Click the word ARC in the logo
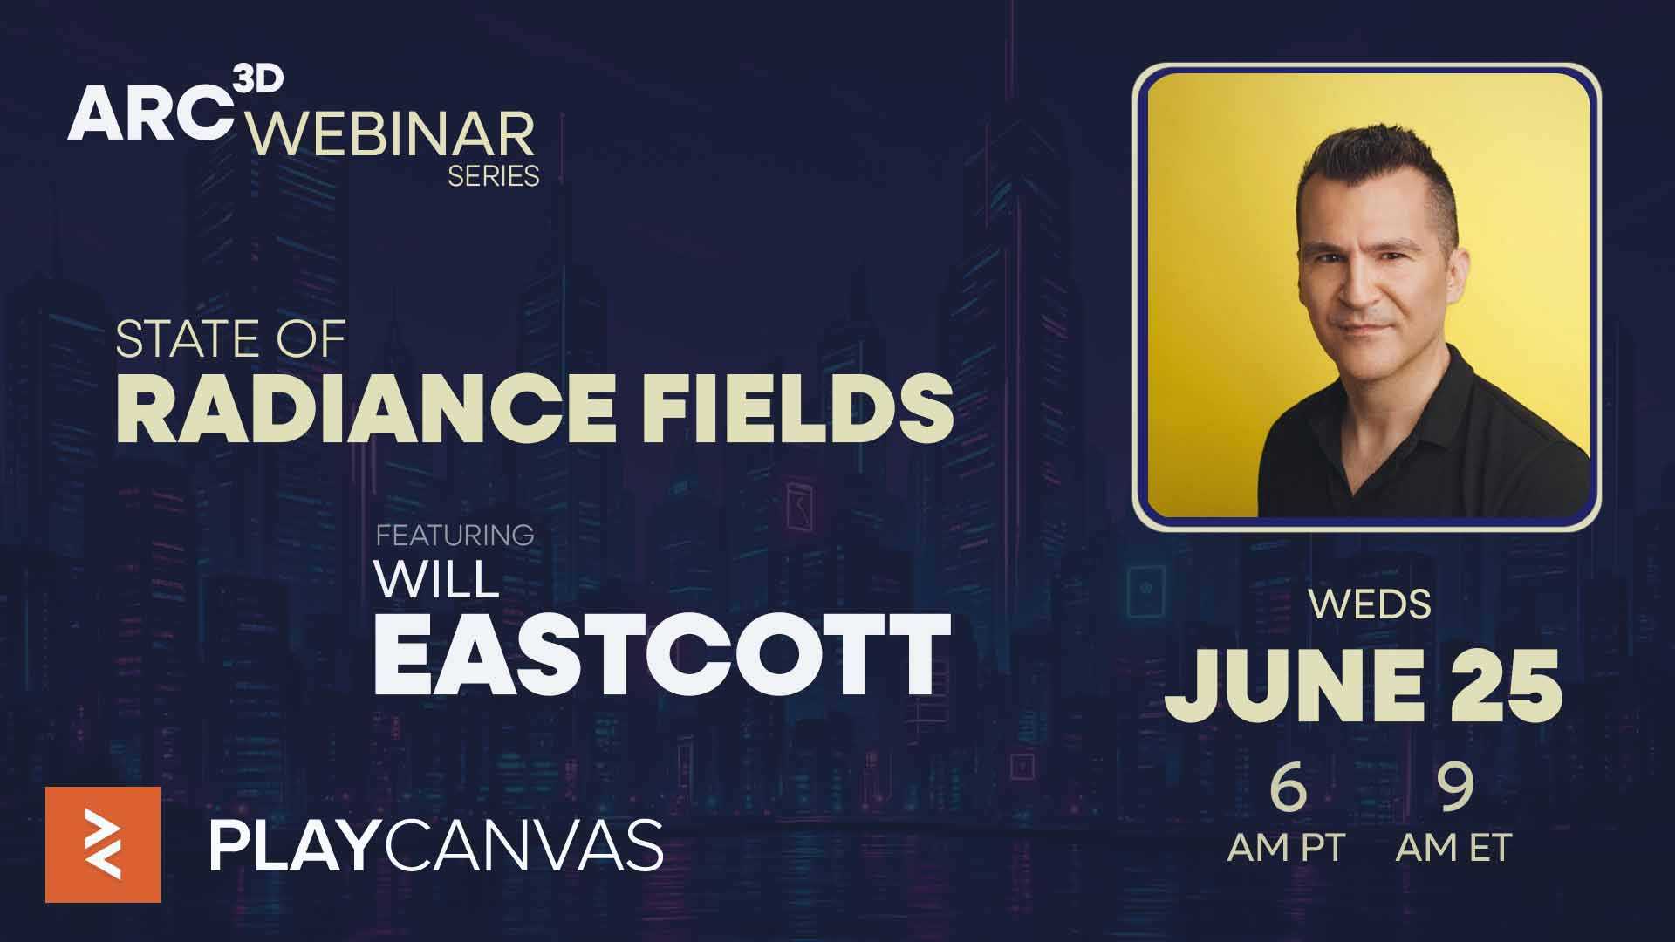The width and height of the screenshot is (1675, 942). tap(149, 116)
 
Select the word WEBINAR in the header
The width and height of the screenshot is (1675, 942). tap(390, 133)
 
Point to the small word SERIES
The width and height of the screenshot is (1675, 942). tap(493, 176)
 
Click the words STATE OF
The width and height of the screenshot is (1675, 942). tap(231, 339)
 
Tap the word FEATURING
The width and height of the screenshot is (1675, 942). tap(455, 535)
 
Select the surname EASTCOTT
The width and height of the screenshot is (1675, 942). tap(662, 654)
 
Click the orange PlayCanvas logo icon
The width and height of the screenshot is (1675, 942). tap(103, 844)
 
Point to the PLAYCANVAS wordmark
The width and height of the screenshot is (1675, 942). tap(435, 846)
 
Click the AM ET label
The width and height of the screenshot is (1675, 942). tap(1453, 847)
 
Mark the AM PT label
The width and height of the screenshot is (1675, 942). tap(1287, 847)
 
